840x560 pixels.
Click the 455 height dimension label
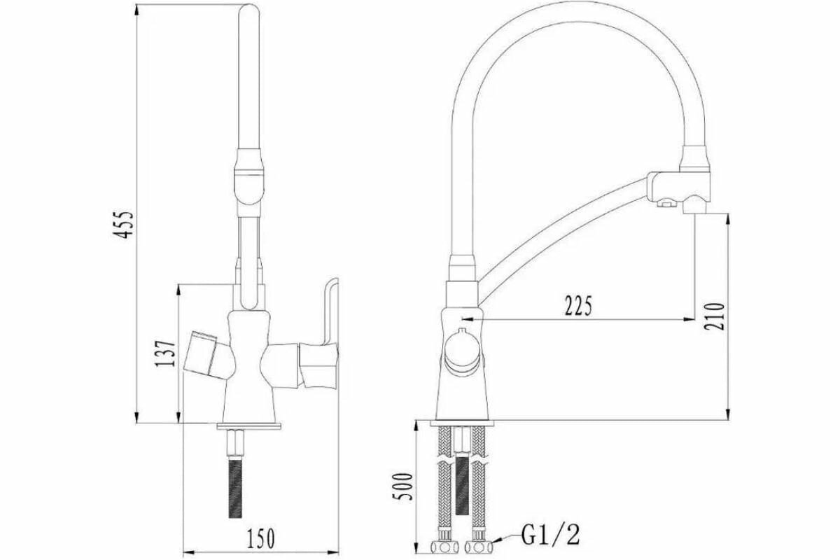pyautogui.click(x=123, y=225)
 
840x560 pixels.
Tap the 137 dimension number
pyautogui.click(x=165, y=354)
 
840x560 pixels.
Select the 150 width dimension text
pyautogui.click(x=260, y=538)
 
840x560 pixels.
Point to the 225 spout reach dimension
pyautogui.click(x=578, y=306)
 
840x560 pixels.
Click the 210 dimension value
pyautogui.click(x=714, y=316)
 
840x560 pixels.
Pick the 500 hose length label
pyautogui.click(x=402, y=486)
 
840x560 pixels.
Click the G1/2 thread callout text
pyautogui.click(x=550, y=535)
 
